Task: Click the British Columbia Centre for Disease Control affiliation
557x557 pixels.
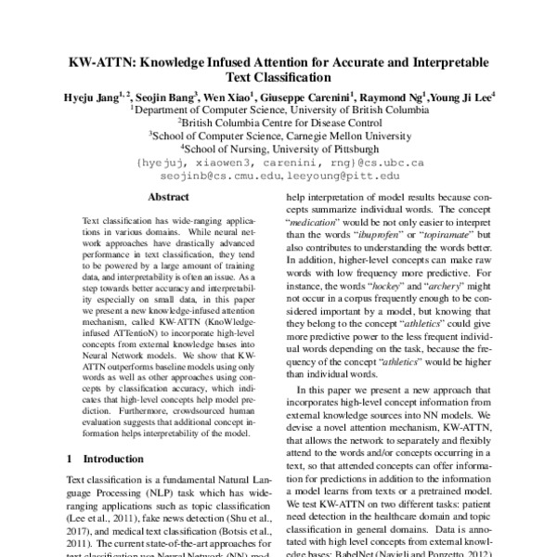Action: tap(278, 121)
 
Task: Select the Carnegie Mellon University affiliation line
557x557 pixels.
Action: tap(278, 135)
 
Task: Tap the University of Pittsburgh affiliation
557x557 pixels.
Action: tap(278, 148)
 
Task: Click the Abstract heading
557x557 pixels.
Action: tap(168, 197)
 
